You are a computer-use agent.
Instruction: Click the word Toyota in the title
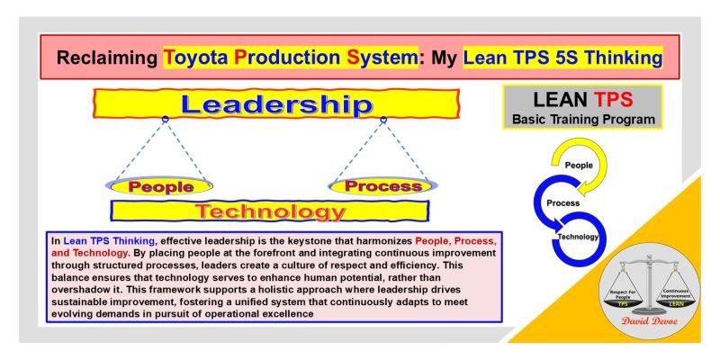pos(193,58)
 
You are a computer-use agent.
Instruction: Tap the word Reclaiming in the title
pos(107,58)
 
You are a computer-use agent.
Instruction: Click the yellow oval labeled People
pos(161,187)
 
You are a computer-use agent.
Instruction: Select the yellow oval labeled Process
pos(382,186)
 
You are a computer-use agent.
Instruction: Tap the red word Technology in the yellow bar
pos(270,212)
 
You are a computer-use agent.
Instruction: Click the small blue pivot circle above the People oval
pos(165,120)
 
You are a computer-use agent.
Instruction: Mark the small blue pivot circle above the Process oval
pos(382,120)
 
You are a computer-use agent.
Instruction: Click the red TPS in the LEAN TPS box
pos(622,99)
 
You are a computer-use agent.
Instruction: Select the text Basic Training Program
pos(582,119)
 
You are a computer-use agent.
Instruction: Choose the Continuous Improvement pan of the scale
pos(684,294)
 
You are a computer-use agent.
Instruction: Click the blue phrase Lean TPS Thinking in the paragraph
pos(109,241)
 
